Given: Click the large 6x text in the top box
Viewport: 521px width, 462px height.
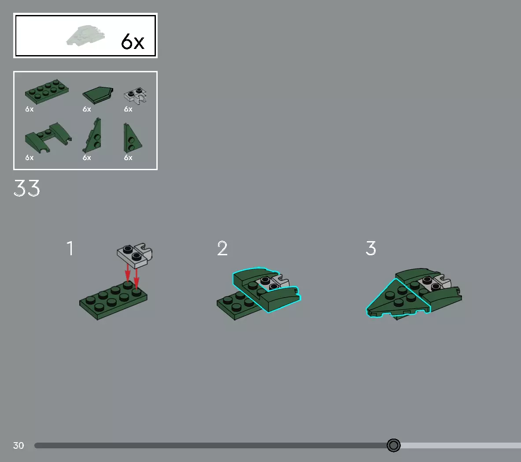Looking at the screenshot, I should point(133,42).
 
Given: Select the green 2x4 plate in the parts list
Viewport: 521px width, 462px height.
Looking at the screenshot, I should point(47,91).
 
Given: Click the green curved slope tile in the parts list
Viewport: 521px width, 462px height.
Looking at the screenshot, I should point(98,94).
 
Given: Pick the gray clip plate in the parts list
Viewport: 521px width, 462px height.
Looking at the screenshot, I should point(135,96).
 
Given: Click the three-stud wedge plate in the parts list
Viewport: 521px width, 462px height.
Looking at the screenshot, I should point(92,136).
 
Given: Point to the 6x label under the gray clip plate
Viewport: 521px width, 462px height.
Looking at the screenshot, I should point(128,109).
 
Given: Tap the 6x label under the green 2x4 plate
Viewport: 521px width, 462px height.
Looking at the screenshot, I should point(30,109).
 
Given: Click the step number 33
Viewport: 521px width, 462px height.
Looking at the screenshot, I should point(27,188).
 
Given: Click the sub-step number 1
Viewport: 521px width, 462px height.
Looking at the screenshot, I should point(70,249).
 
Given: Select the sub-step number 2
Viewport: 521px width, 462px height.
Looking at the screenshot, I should point(222,249).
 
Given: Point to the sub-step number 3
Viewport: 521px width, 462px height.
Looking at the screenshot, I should point(371,248).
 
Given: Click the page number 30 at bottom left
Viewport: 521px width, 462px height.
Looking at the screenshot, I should point(18,446).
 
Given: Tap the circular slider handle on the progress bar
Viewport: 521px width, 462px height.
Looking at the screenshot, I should point(394,445).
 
